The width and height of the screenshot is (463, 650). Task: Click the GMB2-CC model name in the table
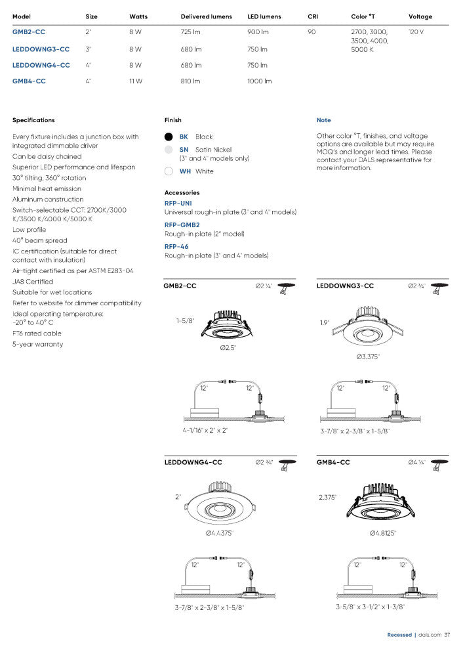[x=29, y=32]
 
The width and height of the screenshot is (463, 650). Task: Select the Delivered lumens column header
[x=206, y=16]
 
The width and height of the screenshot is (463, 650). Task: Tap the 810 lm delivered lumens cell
[x=191, y=81]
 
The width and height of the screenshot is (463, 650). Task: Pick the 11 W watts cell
[x=136, y=81]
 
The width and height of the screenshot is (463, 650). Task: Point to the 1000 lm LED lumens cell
[x=259, y=81]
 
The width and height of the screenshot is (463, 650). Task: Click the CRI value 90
[x=312, y=32]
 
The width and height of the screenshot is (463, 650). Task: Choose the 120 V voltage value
[x=416, y=32]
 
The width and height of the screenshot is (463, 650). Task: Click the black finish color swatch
[x=169, y=137]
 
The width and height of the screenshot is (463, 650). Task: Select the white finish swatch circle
[x=169, y=171]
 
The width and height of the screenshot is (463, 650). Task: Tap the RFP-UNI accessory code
[x=178, y=204]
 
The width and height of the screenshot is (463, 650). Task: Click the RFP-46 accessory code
[x=176, y=247]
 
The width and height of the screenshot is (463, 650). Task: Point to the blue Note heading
[x=323, y=120]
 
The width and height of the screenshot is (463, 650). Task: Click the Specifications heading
[x=33, y=120]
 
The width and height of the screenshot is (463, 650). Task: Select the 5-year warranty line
[x=37, y=344]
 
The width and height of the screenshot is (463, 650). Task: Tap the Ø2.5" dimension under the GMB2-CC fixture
[x=228, y=347]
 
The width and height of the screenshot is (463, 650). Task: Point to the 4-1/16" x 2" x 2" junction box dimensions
[x=205, y=431]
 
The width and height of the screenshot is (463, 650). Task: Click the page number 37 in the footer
[x=447, y=635]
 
